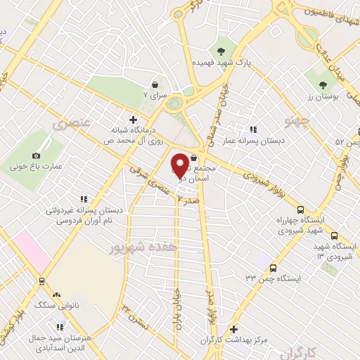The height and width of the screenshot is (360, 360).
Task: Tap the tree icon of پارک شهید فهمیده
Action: (x=222, y=51)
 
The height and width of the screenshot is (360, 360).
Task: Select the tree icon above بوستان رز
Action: (x=323, y=86)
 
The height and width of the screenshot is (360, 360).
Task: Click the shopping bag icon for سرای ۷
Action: (x=155, y=85)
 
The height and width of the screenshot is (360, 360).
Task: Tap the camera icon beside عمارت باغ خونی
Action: (x=37, y=155)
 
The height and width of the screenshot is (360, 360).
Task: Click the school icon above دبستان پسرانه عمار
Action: (x=253, y=129)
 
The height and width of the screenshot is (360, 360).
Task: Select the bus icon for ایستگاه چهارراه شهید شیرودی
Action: (x=301, y=209)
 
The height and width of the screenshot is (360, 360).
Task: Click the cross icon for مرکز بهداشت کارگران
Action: (x=234, y=329)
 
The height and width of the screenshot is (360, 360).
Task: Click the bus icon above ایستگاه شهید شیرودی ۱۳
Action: (x=334, y=236)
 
